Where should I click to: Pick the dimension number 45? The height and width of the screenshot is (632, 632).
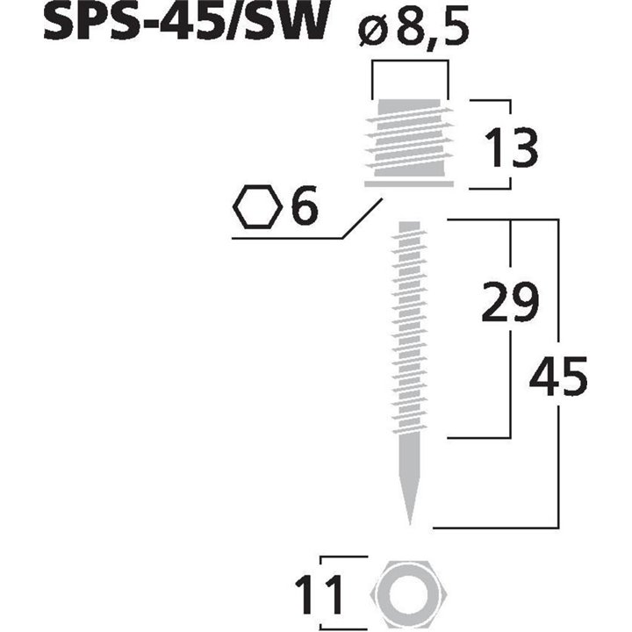pos(557,377)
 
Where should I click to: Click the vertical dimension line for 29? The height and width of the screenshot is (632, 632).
pos(510,369)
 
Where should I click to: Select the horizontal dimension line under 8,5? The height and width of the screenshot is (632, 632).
pos(409,62)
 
